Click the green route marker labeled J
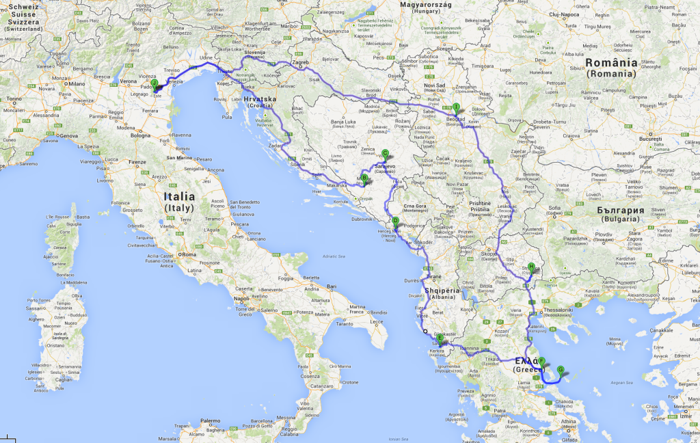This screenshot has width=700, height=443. [154, 83]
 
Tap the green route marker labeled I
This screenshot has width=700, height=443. [456, 107]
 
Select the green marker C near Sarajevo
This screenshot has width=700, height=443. [385, 154]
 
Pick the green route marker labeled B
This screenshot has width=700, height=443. [364, 178]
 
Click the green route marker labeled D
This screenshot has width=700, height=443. [395, 221]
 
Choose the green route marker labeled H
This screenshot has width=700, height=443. [531, 267]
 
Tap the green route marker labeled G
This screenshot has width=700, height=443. [561, 370]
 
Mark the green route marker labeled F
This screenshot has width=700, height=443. [541, 361]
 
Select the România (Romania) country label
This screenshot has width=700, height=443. [611, 67]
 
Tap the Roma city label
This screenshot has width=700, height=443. [189, 254]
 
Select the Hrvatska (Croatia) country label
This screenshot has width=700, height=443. [260, 103]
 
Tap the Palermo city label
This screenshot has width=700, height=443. [210, 421]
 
